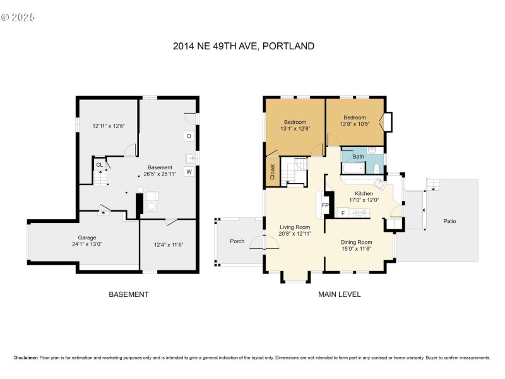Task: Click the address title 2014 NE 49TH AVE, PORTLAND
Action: (x=244, y=46)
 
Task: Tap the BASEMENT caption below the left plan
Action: (x=129, y=294)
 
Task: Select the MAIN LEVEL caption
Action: (x=340, y=294)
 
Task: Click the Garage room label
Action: (x=87, y=238)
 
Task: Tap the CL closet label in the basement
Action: (x=99, y=165)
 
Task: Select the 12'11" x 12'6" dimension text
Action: (x=109, y=126)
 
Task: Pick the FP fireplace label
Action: (x=325, y=205)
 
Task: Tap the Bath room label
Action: (x=358, y=156)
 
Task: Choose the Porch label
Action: (x=237, y=241)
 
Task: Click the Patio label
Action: (x=449, y=221)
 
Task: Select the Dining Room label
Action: (x=357, y=242)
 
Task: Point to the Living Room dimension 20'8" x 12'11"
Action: (x=295, y=234)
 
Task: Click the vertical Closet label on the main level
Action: (x=273, y=172)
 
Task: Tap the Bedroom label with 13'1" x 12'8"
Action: (x=295, y=122)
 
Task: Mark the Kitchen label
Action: (x=364, y=193)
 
